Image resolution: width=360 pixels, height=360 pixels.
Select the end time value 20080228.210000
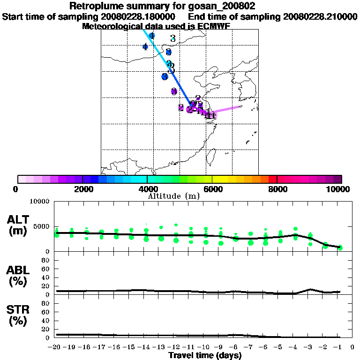320,16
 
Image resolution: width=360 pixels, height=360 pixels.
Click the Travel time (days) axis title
205,356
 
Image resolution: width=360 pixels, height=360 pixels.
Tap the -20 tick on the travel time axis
55,347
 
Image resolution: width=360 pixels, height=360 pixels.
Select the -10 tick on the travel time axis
205,347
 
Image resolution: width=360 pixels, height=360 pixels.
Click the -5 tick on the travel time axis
280,347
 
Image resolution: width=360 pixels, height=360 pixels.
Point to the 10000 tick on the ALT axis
40,202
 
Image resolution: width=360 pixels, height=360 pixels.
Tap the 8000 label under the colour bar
277,189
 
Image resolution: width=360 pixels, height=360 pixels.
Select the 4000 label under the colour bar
147,189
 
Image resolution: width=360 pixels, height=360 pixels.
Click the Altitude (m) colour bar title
174,196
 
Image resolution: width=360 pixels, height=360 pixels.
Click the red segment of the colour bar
272,179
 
